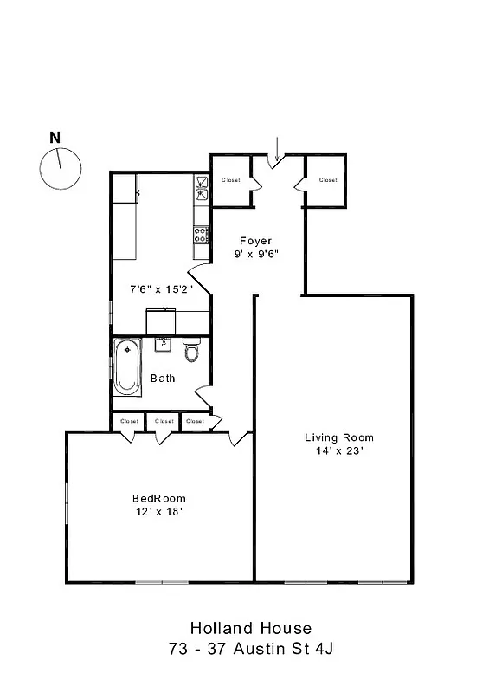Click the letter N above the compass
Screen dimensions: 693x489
pos(55,137)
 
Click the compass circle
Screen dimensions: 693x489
pos(61,168)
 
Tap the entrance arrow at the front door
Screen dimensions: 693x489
pos(276,148)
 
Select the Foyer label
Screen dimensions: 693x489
pos(255,241)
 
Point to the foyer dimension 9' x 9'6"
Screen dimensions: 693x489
pos(255,254)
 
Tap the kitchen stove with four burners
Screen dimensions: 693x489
pos(202,233)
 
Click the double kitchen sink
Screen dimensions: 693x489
pos(202,188)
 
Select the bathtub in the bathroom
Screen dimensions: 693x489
pos(128,366)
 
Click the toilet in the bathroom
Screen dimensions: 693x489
pos(191,351)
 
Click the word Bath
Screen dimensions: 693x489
pos(163,379)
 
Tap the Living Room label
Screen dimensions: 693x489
pos(338,437)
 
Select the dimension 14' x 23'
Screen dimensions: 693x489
pos(338,450)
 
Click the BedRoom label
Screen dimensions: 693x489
pos(158,498)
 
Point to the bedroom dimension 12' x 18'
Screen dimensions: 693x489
pos(158,511)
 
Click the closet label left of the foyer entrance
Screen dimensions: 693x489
pos(230,180)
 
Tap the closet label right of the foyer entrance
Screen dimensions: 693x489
pos(327,180)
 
